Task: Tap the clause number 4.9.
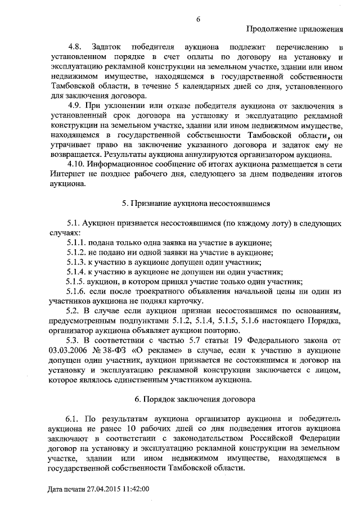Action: [x=75, y=107]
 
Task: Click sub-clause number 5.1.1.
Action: [x=76, y=243]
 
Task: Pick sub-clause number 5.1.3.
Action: [x=76, y=262]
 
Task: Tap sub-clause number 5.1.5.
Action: [x=76, y=282]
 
